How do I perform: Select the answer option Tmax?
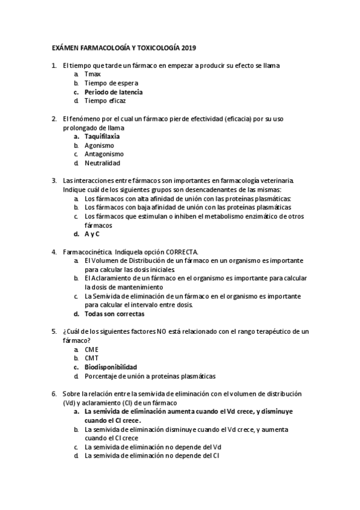(93, 74)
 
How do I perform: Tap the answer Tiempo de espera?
(111, 83)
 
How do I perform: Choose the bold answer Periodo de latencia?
(114, 92)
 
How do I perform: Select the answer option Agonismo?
(99, 146)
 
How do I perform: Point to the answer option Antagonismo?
(104, 154)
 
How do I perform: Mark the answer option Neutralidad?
(102, 163)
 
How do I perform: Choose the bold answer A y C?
(92, 233)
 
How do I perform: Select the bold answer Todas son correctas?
(114, 313)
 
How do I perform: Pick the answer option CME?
(92, 349)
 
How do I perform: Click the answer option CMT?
(91, 358)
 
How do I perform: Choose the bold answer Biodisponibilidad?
(111, 367)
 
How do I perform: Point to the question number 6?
(55, 393)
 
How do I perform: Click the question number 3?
(55, 180)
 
